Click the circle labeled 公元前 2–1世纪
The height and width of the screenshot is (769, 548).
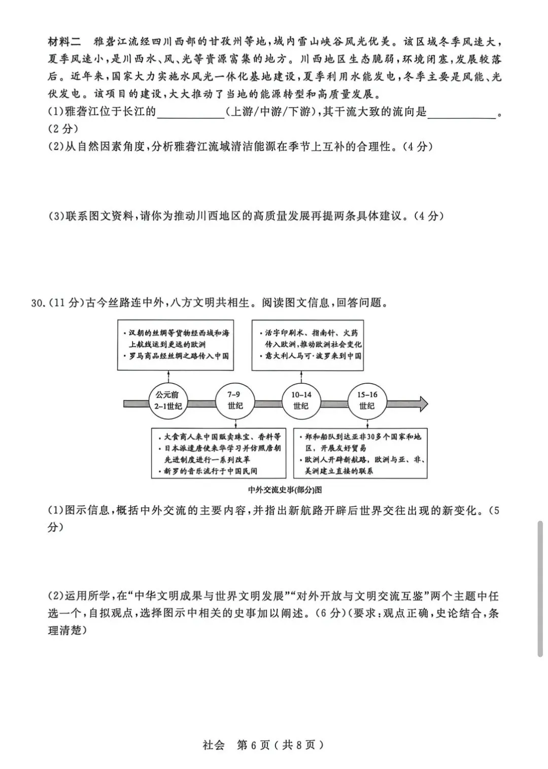[168, 400]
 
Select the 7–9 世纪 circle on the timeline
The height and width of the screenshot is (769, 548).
[234, 400]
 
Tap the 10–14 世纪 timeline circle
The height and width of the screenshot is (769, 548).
[301, 400]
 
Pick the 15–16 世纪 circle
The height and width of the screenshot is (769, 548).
[367, 400]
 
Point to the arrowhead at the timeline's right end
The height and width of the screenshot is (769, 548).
[422, 404]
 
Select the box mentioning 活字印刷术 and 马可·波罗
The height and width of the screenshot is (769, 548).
[308, 345]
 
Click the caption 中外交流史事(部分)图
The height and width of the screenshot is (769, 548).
[285, 490]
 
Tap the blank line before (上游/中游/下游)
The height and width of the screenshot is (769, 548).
[191, 113]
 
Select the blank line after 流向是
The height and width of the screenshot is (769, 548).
[461, 113]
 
